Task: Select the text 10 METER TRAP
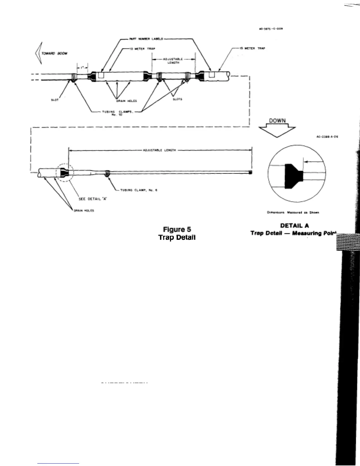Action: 145,49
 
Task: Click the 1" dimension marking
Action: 82,67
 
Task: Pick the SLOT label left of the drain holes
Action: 55,100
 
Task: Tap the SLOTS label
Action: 177,99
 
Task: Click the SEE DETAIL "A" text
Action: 93,199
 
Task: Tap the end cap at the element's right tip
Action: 251,172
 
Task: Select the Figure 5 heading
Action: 177,229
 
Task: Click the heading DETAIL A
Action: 294,226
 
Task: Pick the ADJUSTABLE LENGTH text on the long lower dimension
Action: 159,150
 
